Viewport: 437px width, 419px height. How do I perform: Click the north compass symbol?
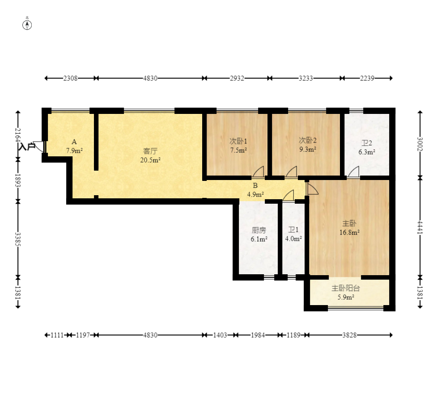click(27, 25)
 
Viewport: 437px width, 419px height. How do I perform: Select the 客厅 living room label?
click(150, 151)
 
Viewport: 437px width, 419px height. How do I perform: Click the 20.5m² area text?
click(150, 160)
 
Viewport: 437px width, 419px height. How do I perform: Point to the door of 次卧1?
click(258, 172)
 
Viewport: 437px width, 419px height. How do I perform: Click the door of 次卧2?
click(291, 172)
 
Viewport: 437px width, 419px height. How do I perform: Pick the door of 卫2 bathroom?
click(353, 172)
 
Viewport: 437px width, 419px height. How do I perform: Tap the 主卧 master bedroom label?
click(349, 223)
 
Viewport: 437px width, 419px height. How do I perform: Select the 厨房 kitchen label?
click(259, 230)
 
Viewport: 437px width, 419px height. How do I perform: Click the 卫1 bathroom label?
click(293, 230)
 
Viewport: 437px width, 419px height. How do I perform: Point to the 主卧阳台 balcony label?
click(346, 288)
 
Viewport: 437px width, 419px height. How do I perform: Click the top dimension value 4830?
click(150, 78)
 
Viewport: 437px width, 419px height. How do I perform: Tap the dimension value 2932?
click(237, 78)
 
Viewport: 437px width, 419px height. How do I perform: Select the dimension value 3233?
click(306, 78)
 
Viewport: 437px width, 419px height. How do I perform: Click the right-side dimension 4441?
click(420, 227)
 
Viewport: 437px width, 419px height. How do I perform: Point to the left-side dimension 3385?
click(18, 239)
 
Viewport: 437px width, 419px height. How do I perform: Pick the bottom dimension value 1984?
click(258, 335)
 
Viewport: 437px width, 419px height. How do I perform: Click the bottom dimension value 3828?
click(349, 335)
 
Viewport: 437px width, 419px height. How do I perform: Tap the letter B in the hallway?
click(255, 185)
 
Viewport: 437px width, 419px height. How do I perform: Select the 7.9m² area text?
click(74, 151)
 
